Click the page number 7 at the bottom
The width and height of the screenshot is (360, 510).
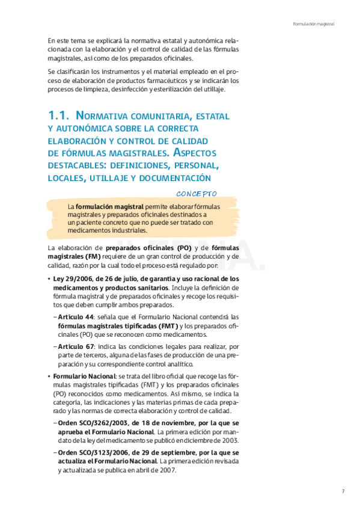(x=343, y=491)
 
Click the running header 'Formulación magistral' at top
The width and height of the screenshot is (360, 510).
(x=313, y=24)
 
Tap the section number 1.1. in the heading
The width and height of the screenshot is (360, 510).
(x=59, y=115)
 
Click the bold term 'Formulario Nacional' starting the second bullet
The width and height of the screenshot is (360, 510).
(x=80, y=376)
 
